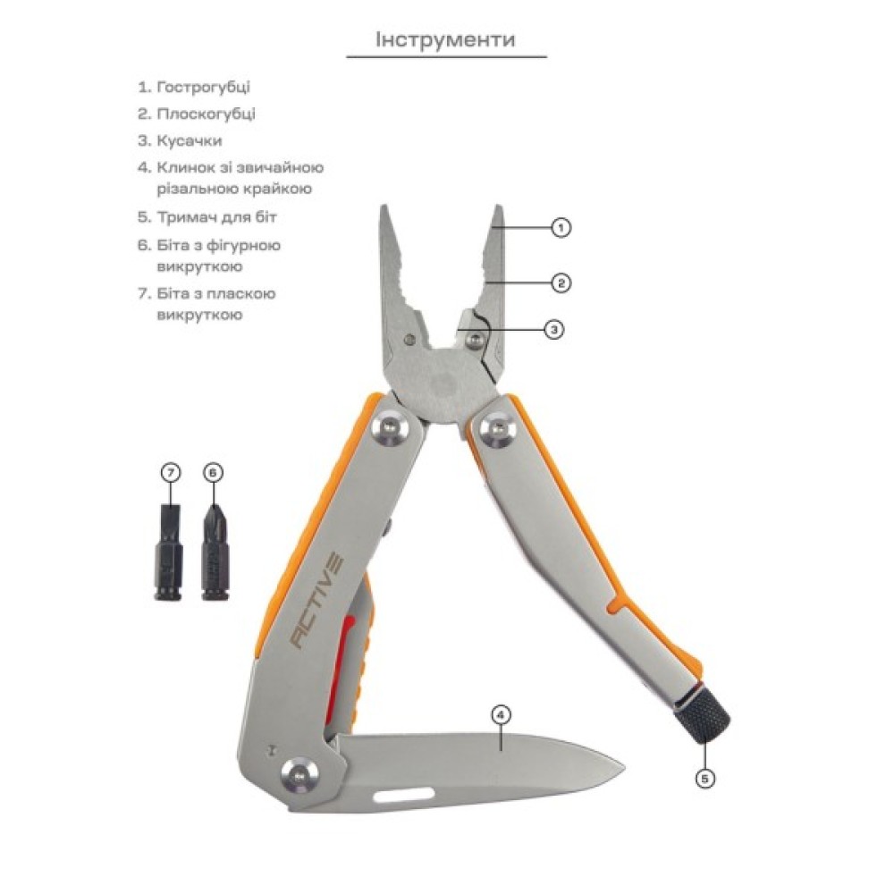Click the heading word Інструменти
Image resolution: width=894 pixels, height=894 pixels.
pyautogui.click(x=445, y=40)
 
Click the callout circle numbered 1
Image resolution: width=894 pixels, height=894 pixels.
pyautogui.click(x=561, y=228)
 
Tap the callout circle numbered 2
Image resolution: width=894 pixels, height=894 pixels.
pyautogui.click(x=561, y=283)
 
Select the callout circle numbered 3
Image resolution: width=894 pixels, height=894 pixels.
pyautogui.click(x=554, y=329)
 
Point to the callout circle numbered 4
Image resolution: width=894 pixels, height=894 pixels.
pyautogui.click(x=501, y=714)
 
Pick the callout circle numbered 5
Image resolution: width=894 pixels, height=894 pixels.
pyautogui.click(x=705, y=779)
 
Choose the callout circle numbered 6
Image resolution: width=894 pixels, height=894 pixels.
pyautogui.click(x=212, y=472)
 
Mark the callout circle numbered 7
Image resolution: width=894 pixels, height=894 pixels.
pyautogui.click(x=171, y=472)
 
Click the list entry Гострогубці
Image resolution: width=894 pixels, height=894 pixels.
pyautogui.click(x=203, y=88)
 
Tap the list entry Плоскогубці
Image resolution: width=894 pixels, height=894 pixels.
pyautogui.click(x=206, y=114)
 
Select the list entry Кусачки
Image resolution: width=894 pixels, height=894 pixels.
pyautogui.click(x=189, y=141)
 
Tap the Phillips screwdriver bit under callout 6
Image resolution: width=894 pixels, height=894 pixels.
pyautogui.click(x=213, y=552)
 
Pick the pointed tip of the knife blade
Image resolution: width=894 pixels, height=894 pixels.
pyautogui.click(x=624, y=763)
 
